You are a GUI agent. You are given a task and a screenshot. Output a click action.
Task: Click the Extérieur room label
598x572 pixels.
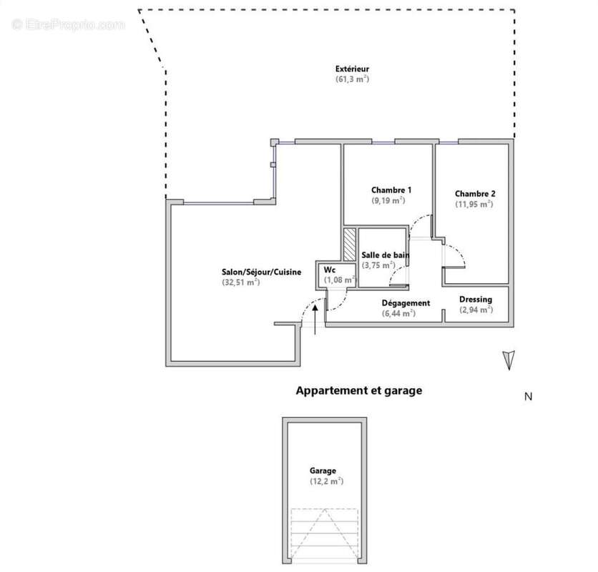pos(352,69)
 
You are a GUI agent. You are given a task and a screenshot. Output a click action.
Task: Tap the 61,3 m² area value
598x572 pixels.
pos(352,79)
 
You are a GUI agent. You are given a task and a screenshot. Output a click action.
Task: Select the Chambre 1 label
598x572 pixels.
pos(391,190)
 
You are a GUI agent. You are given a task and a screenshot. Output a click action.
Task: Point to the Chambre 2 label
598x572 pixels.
pos(475,194)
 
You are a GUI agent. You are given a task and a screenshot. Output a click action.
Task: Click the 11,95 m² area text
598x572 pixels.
pos(474,204)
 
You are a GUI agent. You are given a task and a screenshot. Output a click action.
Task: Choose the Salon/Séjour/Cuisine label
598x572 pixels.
pos(261,272)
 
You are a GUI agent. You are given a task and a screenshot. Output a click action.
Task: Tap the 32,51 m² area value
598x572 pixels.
pos(240,282)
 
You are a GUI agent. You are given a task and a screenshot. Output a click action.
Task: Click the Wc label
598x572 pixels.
pos(330,270)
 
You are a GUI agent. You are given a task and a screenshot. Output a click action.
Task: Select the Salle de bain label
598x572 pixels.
pos(385,255)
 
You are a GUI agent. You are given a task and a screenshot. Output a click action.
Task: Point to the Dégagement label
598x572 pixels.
pos(406,303)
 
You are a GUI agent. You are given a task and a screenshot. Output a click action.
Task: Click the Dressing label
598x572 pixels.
pos(476,300)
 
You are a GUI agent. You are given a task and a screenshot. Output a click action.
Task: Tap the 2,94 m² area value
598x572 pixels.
pos(476,310)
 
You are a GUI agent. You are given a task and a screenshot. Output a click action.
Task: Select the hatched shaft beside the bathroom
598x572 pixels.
pos(350,245)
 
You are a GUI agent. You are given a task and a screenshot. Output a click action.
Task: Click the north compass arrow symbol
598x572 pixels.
pos(509,360)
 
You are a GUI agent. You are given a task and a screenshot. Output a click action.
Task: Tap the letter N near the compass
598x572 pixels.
pos(528,397)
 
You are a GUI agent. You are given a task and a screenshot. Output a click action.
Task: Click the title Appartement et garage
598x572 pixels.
pos(359,391)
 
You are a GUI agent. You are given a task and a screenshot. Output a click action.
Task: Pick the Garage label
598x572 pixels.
pos(323,471)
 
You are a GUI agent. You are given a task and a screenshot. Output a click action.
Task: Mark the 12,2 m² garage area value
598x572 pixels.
pos(326,481)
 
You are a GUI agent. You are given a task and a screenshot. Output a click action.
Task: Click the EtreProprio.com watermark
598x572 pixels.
pos(69,25)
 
